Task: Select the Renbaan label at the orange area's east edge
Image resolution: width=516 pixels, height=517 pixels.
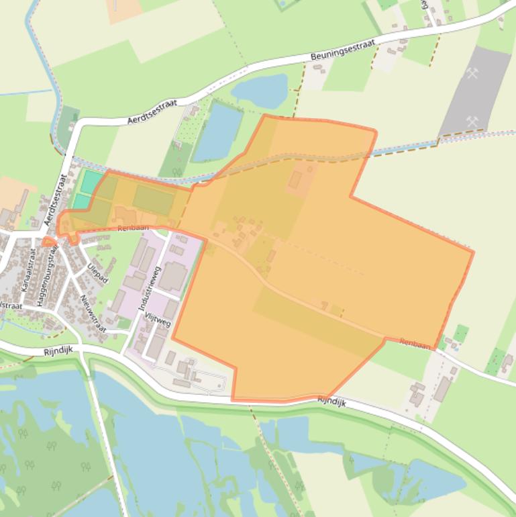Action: [x=415, y=344]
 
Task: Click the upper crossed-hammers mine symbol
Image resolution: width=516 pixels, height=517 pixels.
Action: [x=473, y=74]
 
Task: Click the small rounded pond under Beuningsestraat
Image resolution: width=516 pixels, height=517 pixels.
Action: [x=260, y=91]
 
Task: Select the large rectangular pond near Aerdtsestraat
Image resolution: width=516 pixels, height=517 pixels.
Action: [x=217, y=132]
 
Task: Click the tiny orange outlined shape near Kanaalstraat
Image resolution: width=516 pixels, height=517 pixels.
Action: [x=48, y=242]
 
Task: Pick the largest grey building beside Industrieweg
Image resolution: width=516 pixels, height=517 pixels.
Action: [x=172, y=276]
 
